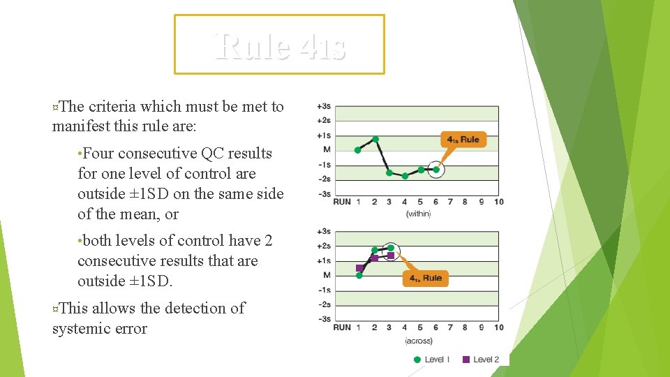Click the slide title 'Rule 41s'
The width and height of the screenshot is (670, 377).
pyautogui.click(x=279, y=46)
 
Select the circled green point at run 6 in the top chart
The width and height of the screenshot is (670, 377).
pyautogui.click(x=436, y=169)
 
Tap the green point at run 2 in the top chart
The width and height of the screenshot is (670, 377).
pyautogui.click(x=375, y=139)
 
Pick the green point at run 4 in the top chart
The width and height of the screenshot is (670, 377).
pyautogui.click(x=405, y=176)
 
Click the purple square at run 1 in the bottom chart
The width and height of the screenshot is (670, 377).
pyautogui.click(x=359, y=268)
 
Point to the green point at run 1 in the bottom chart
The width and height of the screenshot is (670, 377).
pyautogui.click(x=359, y=276)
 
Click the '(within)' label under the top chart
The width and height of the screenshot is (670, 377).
pyautogui.click(x=418, y=214)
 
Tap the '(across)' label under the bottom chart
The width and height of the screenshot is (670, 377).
pyautogui.click(x=419, y=341)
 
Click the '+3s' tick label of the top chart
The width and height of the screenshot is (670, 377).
pyautogui.click(x=323, y=106)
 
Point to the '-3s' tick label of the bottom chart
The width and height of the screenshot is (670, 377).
pyautogui.click(x=323, y=319)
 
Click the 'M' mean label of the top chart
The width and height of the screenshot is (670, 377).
pyautogui.click(x=327, y=150)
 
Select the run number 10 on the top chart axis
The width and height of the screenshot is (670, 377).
pyautogui.click(x=498, y=202)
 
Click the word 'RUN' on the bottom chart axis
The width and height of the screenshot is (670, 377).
pyautogui.click(x=342, y=327)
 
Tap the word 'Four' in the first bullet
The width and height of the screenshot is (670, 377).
pyautogui.click(x=98, y=154)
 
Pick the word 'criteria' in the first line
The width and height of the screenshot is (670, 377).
pyautogui.click(x=112, y=107)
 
